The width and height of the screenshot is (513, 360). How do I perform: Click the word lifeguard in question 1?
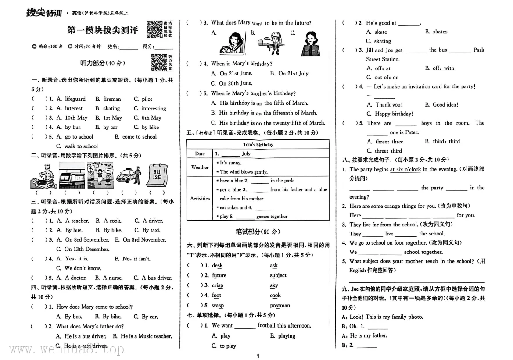75,99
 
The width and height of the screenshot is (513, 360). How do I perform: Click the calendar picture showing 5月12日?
157,175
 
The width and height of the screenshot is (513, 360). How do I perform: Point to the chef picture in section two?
42,175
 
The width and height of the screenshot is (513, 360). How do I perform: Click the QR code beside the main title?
154,29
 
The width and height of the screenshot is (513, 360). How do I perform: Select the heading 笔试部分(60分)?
258,232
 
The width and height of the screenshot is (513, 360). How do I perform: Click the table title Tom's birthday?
258,145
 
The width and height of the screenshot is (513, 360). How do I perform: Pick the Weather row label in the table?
200,167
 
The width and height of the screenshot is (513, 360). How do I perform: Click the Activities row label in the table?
200,199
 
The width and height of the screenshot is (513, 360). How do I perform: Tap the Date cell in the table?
200,154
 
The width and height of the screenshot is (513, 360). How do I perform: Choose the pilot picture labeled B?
271,43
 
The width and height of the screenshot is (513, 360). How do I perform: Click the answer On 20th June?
236,83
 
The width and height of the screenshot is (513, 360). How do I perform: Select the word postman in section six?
280,306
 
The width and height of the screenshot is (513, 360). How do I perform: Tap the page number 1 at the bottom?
258,356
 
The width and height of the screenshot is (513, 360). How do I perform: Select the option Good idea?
445,105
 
